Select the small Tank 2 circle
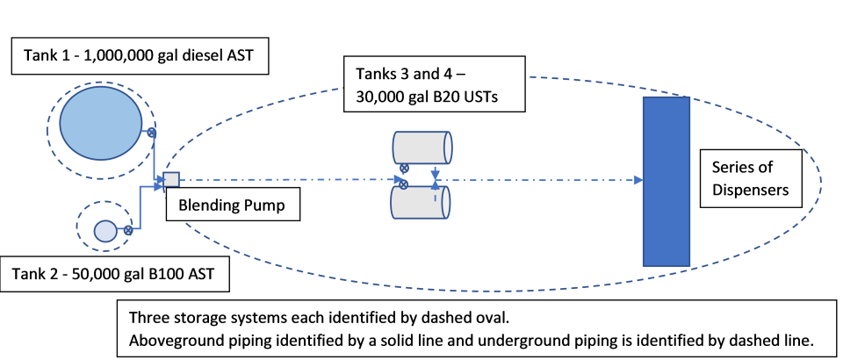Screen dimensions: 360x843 (105, 231)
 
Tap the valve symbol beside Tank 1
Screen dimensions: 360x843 (151, 133)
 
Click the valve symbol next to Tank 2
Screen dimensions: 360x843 (128, 231)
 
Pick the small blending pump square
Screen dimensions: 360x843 (171, 179)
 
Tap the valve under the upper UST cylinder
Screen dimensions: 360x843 (403, 169)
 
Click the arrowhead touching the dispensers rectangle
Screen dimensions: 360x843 (638, 180)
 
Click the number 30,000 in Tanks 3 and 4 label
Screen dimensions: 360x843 (385, 97)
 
